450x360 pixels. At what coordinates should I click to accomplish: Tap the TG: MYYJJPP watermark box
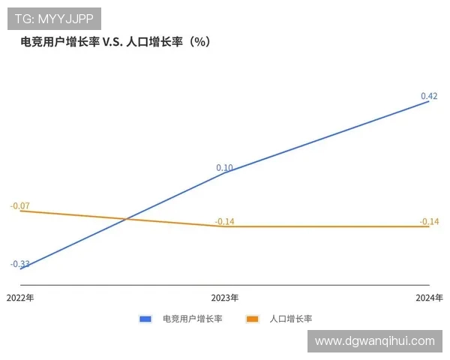click(54, 18)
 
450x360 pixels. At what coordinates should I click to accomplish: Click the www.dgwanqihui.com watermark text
click(375, 340)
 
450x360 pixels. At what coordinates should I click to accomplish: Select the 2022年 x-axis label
click(20, 298)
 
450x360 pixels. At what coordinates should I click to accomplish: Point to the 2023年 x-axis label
click(225, 298)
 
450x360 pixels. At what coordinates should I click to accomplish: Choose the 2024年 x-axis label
click(429, 298)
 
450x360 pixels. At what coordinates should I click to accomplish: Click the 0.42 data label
click(429, 96)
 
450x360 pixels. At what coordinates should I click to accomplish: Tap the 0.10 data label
click(224, 168)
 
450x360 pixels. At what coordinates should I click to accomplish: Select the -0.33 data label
click(20, 264)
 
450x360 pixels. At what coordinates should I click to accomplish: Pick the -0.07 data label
click(20, 205)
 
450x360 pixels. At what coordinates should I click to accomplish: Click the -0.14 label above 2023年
click(225, 221)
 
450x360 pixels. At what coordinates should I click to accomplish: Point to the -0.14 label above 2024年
click(429, 221)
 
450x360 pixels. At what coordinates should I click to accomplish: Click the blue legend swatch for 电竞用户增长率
click(145, 319)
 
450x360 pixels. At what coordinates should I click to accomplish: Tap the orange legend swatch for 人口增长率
click(253, 319)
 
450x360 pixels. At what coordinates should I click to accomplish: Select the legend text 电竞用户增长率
click(193, 319)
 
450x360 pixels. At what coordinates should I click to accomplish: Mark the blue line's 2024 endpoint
click(429, 100)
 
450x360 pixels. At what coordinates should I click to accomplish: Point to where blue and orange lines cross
click(125, 219)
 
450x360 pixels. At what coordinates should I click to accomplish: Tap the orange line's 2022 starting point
click(20, 211)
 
